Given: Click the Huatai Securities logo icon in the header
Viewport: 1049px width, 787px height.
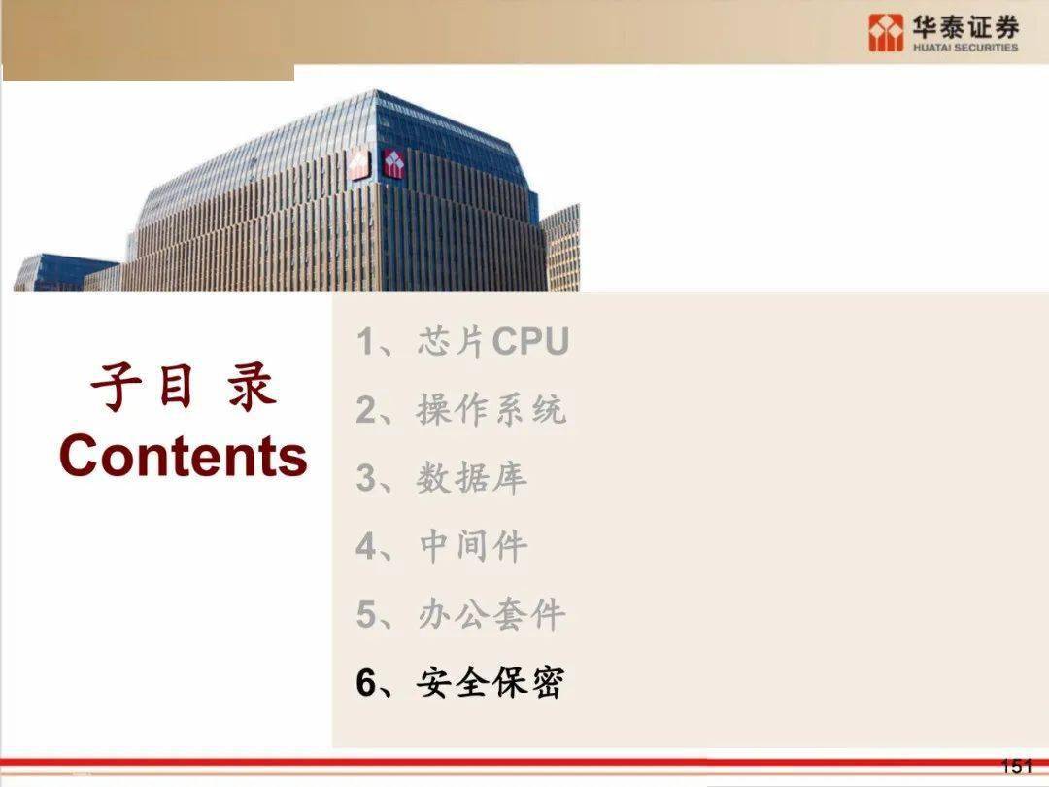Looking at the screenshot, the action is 886,33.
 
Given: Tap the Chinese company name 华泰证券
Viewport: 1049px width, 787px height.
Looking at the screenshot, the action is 965,27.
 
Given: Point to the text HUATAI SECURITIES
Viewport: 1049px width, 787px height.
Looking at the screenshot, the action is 965,48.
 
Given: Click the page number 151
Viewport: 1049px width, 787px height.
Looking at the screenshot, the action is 1017,767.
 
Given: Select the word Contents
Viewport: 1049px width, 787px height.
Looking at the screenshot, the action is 184,455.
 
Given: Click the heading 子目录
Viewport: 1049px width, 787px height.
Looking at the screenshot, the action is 184,386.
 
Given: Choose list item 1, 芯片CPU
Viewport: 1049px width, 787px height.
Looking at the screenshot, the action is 462,341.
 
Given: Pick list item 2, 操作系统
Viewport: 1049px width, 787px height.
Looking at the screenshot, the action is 461,409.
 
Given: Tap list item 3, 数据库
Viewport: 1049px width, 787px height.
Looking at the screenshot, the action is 442,478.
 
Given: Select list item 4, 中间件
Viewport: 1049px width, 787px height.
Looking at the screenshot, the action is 442,546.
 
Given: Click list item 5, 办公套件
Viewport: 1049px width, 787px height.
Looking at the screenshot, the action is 461,614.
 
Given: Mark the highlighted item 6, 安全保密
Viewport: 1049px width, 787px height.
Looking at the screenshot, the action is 460,683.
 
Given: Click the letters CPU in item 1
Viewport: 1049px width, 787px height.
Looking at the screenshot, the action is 530,341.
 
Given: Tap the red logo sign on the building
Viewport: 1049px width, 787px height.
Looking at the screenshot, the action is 394,163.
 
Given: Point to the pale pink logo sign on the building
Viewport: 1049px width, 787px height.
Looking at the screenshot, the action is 359,164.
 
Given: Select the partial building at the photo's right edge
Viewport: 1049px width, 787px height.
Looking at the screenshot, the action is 562,248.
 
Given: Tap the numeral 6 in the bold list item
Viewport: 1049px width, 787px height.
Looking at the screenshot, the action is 366,683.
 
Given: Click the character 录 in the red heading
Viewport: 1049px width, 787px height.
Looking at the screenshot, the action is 253,387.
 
